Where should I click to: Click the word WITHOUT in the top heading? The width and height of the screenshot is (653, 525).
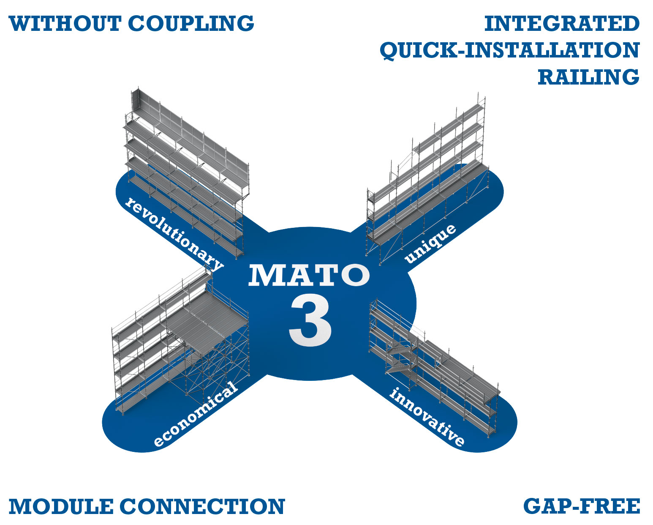pyautogui.click(x=65, y=23)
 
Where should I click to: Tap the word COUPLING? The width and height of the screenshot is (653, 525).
pyautogui.click(x=191, y=23)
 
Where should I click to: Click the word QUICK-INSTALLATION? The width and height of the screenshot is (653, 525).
pyautogui.click(x=510, y=50)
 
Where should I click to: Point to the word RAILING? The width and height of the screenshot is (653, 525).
pyautogui.click(x=588, y=77)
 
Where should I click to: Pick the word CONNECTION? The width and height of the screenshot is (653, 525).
pyautogui.click(x=203, y=506)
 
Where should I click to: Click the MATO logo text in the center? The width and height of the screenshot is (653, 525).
pyautogui.click(x=309, y=275)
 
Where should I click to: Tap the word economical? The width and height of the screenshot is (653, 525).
pyautogui.click(x=195, y=414)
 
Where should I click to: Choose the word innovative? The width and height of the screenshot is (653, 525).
pyautogui.click(x=427, y=416)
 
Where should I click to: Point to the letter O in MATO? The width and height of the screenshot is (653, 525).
pyautogui.click(x=354, y=275)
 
